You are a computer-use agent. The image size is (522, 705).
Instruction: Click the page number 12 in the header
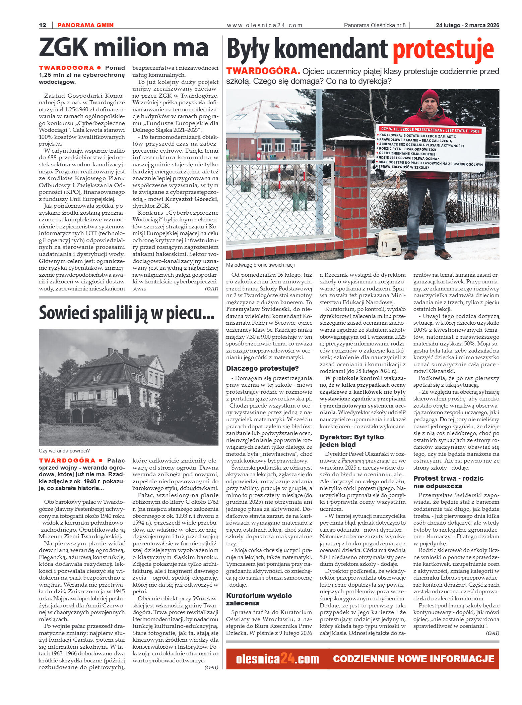43,25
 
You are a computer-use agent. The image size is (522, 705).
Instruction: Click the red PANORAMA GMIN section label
85,25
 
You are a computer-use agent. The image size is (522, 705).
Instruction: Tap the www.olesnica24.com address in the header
264,25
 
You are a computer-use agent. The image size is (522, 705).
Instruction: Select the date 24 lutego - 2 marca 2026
467,25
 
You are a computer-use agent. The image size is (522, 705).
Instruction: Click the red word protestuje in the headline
443,50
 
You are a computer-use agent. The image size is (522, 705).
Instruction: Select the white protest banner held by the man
430,148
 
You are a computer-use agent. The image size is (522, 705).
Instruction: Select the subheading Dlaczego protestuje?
262,368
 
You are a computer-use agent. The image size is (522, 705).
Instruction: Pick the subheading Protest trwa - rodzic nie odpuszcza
448,482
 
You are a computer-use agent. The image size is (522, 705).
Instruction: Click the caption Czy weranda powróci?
64,451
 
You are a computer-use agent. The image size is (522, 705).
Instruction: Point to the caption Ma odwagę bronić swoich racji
260,265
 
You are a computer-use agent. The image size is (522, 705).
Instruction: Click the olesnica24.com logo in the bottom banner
277,659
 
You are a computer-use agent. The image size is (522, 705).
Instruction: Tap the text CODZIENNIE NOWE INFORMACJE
413,659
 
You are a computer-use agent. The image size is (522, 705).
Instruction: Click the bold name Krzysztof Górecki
191,199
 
